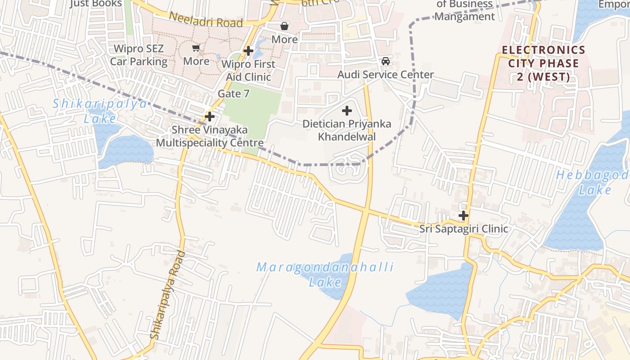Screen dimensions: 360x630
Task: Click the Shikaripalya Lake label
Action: point(99,111)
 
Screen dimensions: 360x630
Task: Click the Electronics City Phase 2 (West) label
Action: point(543,63)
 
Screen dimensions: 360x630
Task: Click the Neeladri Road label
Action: point(206,19)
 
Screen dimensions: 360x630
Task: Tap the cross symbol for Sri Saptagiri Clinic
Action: point(463,216)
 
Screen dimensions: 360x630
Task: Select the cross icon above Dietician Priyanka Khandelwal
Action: point(347,110)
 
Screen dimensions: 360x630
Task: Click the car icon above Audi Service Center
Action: point(386,61)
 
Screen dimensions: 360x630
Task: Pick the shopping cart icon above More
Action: point(196,48)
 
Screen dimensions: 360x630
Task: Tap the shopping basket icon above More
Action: point(284,26)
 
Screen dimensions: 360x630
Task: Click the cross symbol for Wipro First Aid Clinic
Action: point(248,51)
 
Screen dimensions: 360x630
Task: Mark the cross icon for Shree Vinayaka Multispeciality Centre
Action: point(209,117)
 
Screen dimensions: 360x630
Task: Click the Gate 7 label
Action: point(233,94)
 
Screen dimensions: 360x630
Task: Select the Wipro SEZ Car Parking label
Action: point(139,55)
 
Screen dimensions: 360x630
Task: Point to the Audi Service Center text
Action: point(386,75)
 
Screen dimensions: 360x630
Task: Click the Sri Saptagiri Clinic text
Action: point(463,229)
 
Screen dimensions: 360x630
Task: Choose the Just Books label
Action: point(97,4)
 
